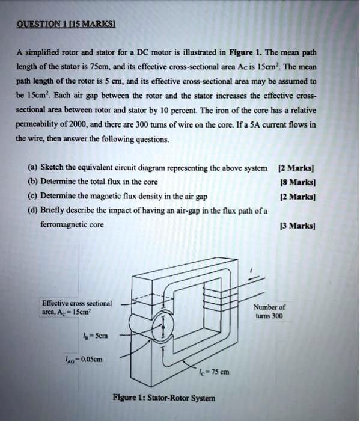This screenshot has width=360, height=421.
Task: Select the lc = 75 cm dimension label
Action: tap(213, 371)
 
